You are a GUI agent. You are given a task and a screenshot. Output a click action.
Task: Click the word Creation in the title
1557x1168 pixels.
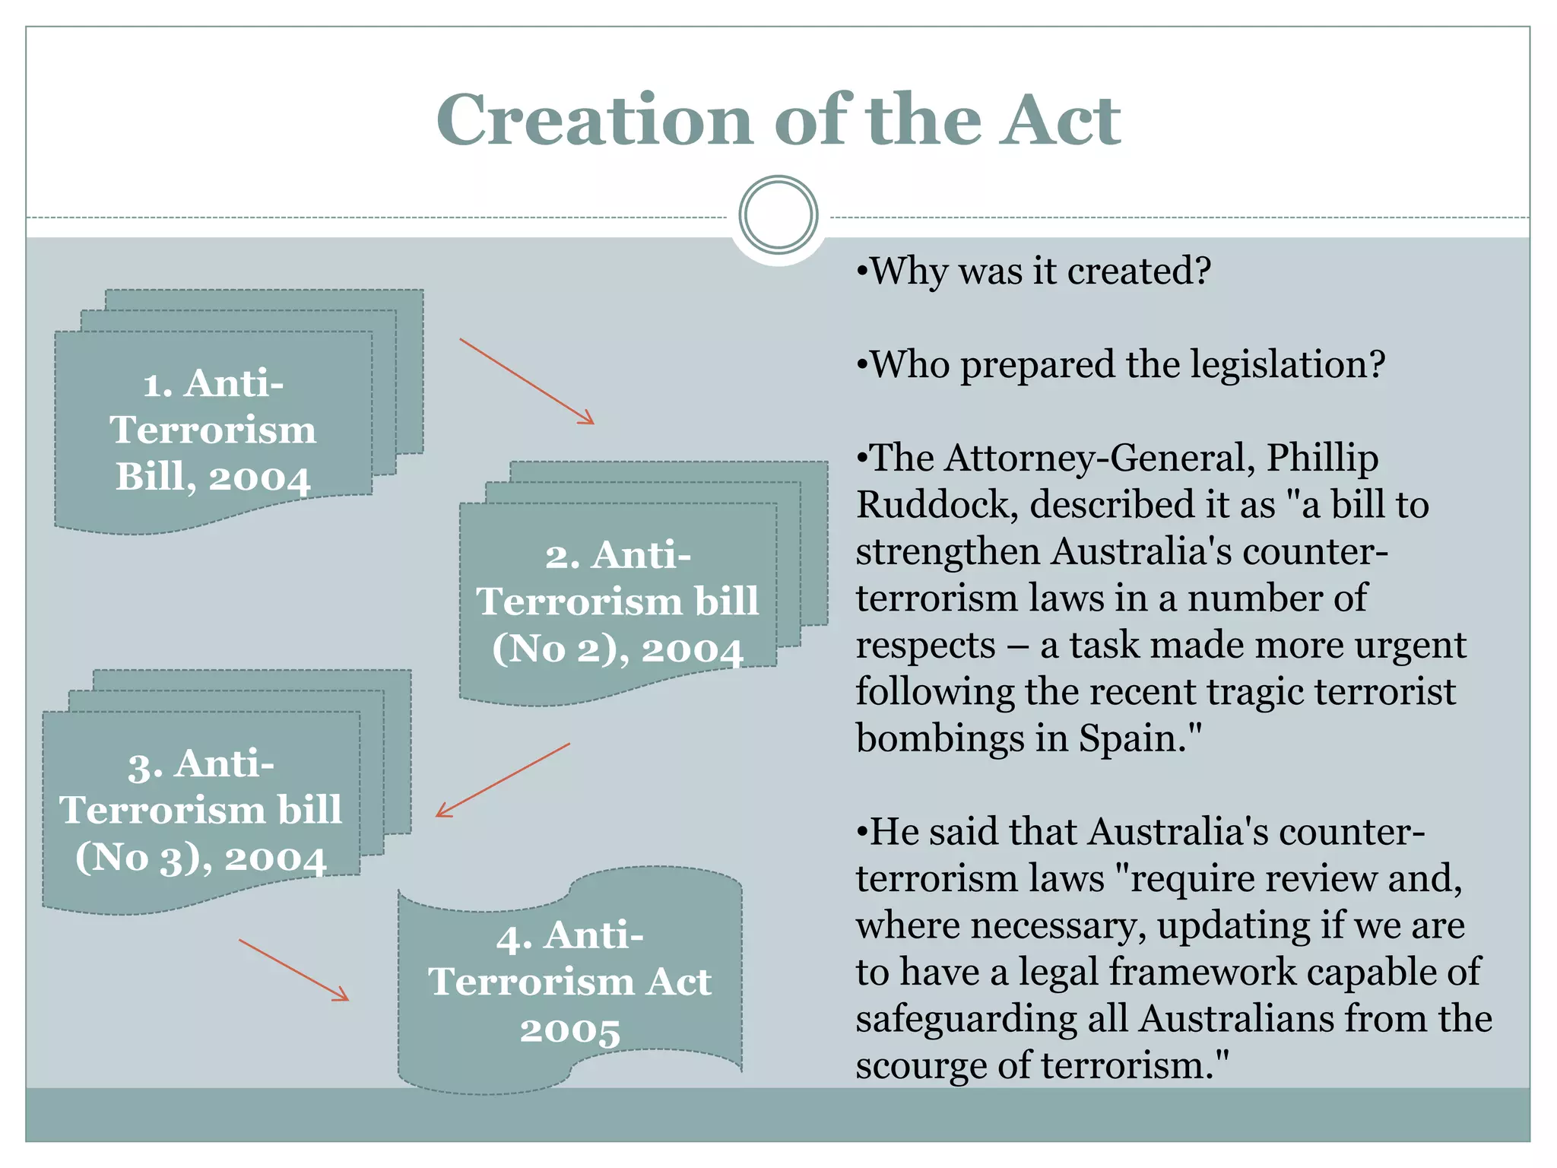tap(593, 120)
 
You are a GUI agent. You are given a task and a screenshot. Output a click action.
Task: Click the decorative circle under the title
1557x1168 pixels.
tap(778, 215)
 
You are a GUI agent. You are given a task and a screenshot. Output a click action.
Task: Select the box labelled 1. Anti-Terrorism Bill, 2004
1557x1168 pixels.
tap(213, 430)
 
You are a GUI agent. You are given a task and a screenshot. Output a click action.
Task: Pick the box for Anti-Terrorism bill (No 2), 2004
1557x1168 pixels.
tap(617, 601)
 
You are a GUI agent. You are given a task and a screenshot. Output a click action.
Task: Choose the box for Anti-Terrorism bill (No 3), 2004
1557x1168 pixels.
tap(201, 810)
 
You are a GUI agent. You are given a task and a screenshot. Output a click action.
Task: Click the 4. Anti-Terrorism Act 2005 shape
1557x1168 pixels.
tap(570, 981)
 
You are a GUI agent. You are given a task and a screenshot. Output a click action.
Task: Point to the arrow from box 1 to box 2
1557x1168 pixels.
tap(527, 381)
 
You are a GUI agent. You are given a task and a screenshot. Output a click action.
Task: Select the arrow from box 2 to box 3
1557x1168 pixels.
tap(503, 780)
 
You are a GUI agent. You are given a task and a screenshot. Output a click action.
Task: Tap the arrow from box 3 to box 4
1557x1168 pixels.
tap(294, 970)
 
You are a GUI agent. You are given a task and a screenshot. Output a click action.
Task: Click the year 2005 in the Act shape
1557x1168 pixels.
tap(570, 1030)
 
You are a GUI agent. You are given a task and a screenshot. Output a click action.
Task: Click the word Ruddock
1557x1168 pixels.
tap(937, 505)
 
